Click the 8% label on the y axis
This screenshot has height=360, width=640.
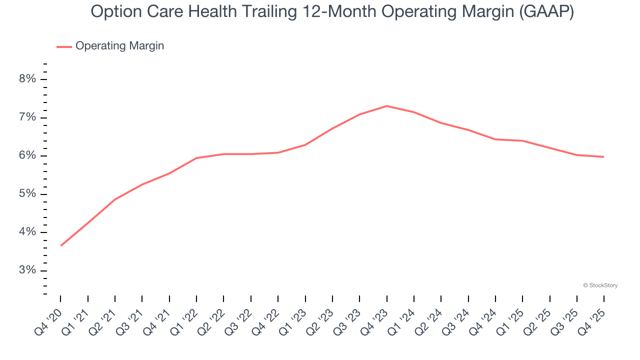pos(28,79)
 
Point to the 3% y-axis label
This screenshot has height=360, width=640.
pos(28,270)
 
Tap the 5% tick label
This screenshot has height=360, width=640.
pos(28,194)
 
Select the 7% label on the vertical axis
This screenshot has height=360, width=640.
pos(28,117)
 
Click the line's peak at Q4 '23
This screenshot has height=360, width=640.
pos(386,106)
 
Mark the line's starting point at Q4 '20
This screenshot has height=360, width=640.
pos(61,245)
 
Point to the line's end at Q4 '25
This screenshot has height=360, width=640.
pos(603,157)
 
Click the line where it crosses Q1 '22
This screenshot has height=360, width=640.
pos(196,158)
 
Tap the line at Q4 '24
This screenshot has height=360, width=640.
pos(495,139)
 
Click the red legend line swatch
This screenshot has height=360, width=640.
pos(64,46)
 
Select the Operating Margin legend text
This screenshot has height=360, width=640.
pos(119,46)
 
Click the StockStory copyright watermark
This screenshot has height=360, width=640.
pos(600,285)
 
